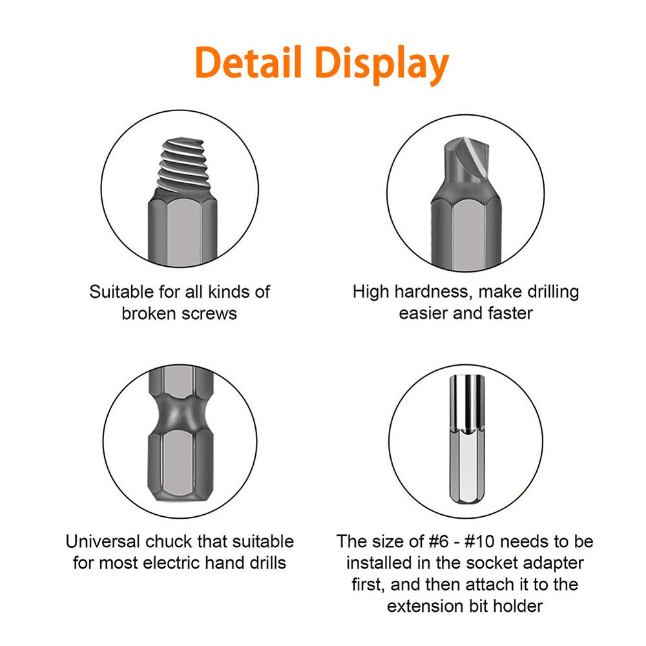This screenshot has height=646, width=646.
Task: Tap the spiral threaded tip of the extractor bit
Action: tap(183, 165)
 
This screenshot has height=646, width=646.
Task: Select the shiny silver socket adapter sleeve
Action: tap(466, 402)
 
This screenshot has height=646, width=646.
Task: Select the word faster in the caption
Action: tap(510, 313)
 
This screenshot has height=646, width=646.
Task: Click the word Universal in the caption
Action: tap(103, 541)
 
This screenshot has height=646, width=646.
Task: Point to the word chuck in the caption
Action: tap(169, 541)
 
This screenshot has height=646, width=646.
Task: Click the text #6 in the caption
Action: tap(439, 541)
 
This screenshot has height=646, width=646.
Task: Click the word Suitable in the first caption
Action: tap(121, 292)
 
